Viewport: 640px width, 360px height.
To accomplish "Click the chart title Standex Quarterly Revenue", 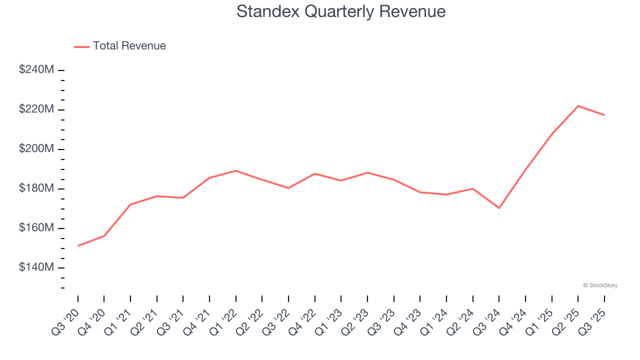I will pyautogui.click(x=341, y=11).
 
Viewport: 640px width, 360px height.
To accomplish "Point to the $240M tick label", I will pyautogui.click(x=36, y=70).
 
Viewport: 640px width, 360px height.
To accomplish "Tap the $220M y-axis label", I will pyautogui.click(x=36, y=109).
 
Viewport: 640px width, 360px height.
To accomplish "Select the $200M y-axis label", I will pyautogui.click(x=36, y=149).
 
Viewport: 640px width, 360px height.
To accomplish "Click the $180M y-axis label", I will pyautogui.click(x=36, y=188).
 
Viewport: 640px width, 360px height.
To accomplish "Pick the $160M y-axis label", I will pyautogui.click(x=36, y=228).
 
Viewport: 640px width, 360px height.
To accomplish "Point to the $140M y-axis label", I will pyautogui.click(x=36, y=267).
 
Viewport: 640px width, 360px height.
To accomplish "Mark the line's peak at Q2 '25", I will pyautogui.click(x=578, y=106).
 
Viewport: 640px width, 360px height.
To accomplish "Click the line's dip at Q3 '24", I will pyautogui.click(x=499, y=208).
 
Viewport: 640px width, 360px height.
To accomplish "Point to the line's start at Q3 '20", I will pyautogui.click(x=78, y=246).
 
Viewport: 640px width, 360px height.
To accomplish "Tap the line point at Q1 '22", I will pyautogui.click(x=235, y=170).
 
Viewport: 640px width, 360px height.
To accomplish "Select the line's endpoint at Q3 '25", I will pyautogui.click(x=604, y=115).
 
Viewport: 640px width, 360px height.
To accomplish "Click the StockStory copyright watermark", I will pyautogui.click(x=600, y=285).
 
